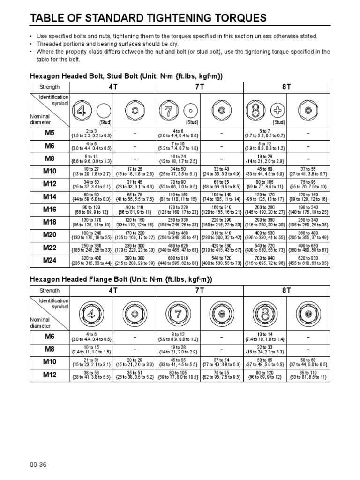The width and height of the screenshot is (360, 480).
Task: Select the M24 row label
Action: coord(50,260)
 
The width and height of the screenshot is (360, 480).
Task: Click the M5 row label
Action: coord(50,134)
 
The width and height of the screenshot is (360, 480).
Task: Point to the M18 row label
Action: coord(50,222)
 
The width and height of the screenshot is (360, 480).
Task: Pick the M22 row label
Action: coord(50,247)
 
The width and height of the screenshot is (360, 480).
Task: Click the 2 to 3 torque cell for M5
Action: coord(91,134)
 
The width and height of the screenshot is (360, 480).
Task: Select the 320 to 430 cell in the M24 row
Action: coord(91,260)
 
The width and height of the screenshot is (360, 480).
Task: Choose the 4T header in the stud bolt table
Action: coord(113,87)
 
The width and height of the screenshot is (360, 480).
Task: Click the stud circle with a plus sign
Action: coord(278,111)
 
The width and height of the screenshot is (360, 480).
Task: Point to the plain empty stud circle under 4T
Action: coord(104,111)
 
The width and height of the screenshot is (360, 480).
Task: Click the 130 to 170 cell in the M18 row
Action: coord(91,222)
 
